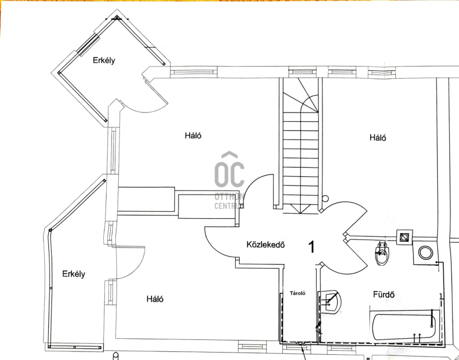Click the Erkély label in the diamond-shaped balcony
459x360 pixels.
104,60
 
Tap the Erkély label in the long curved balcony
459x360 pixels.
74,274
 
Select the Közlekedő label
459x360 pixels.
266,245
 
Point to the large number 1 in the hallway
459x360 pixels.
312,247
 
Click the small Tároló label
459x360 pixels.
298,293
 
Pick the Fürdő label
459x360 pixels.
383,295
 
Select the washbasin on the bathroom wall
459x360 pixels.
332,301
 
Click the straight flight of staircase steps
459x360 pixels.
301,158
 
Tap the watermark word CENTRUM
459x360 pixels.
229,206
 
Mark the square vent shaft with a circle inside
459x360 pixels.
404,237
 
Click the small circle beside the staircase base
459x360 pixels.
325,199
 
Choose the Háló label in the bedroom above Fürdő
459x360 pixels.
378,137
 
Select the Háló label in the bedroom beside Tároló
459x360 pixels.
155,299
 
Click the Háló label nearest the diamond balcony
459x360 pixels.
193,136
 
